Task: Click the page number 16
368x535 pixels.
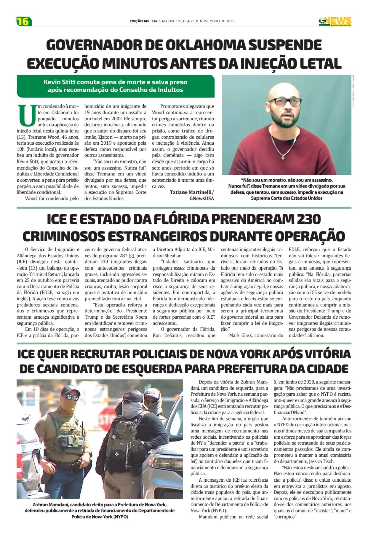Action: pos(23,21)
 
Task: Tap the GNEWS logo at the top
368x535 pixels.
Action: pos(335,21)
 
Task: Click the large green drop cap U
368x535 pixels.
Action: pos(26,115)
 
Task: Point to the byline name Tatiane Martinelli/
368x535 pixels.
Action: pos(192,192)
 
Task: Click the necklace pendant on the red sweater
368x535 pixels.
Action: pos(283,156)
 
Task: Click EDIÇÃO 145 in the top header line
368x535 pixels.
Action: pos(139,21)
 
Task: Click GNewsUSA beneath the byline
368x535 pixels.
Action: pos(202,198)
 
